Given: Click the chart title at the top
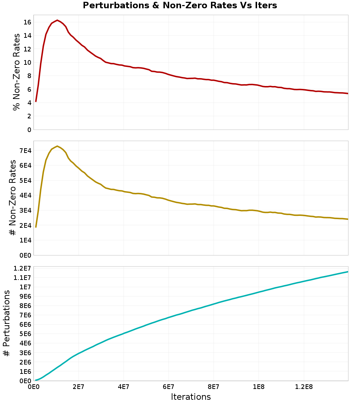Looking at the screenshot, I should (180, 6).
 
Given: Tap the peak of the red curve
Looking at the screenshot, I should (57, 21).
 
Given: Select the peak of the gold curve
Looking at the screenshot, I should (57, 146).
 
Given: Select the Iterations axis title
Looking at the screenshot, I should (191, 397).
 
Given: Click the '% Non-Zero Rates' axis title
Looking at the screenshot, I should (16, 72).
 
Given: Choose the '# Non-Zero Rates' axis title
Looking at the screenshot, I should (13, 198).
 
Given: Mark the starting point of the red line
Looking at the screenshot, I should (36, 101).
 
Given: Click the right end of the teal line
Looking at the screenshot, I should (348, 272).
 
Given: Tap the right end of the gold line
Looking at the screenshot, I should (348, 219).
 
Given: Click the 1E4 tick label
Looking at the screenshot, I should (24, 240).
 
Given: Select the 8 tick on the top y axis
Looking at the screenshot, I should (29, 76).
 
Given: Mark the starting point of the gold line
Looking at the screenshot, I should (36, 227).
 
